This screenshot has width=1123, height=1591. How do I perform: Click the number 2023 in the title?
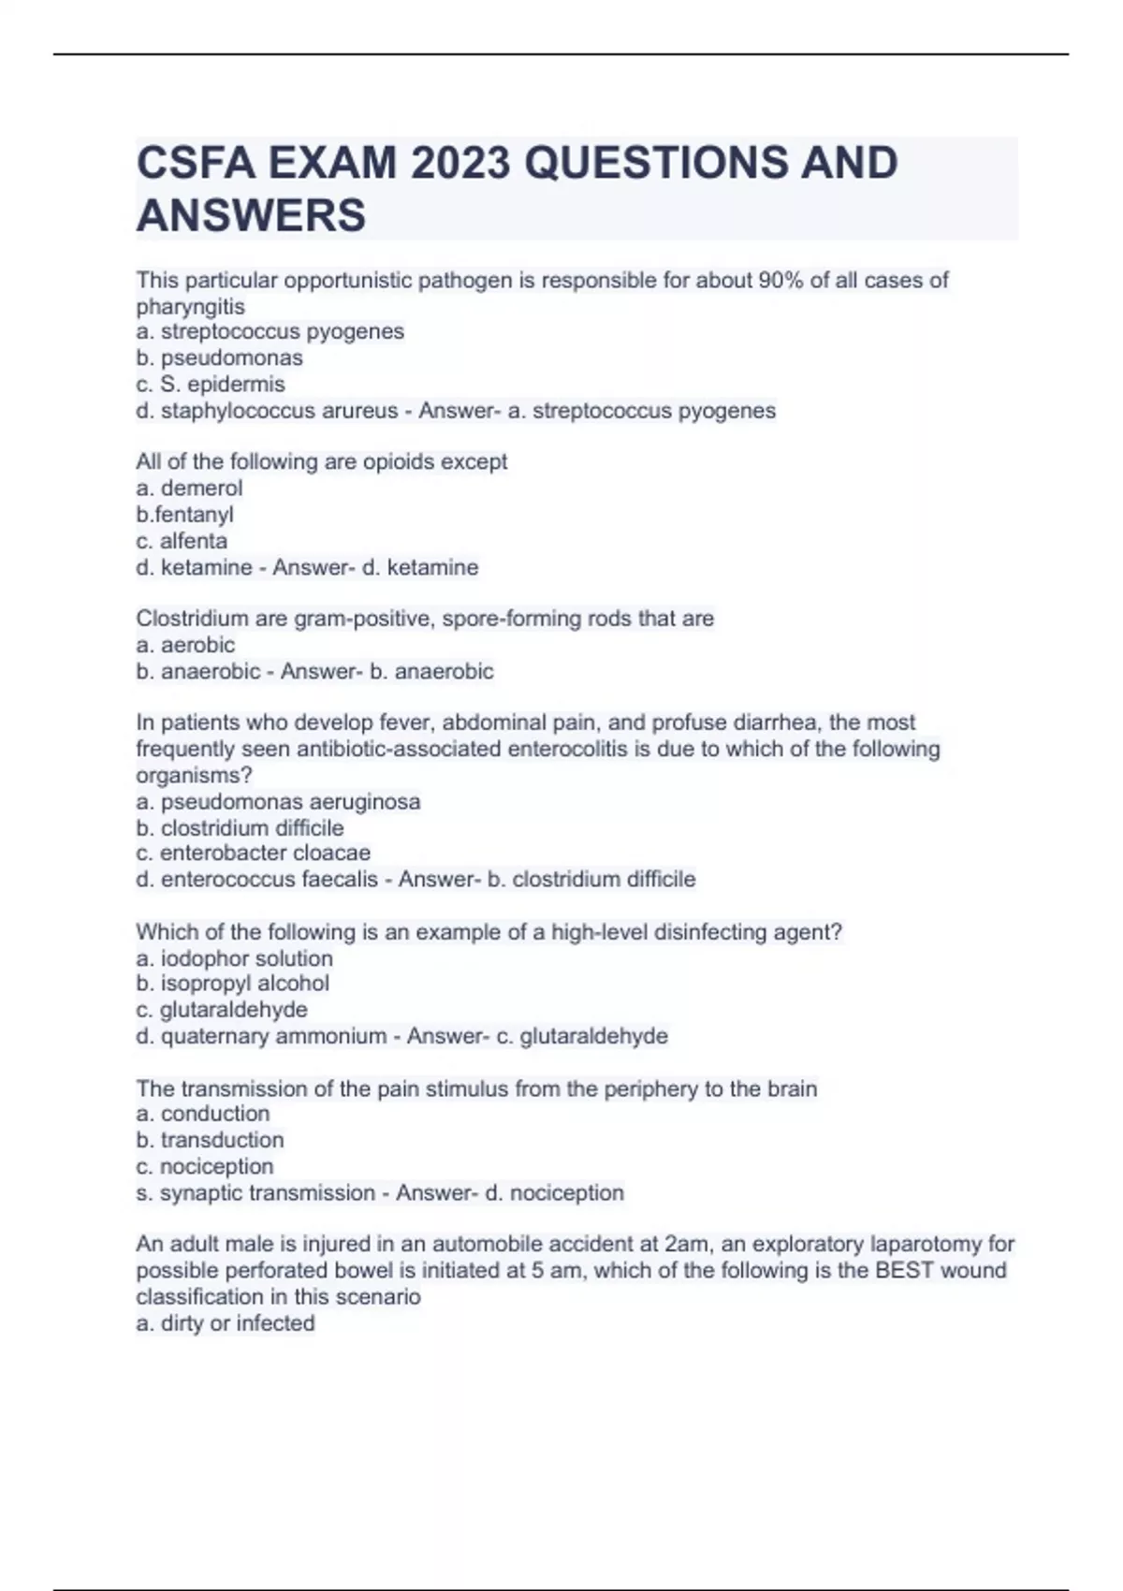click(x=459, y=164)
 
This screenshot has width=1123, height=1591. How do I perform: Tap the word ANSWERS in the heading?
click(x=251, y=215)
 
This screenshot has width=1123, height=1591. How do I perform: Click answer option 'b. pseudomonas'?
click(x=219, y=358)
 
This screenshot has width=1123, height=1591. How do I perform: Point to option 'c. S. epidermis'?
click(x=211, y=384)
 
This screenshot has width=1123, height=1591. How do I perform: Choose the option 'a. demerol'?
click(x=189, y=488)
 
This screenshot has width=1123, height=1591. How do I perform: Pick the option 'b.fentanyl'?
click(x=184, y=514)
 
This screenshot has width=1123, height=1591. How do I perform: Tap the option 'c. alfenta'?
click(x=182, y=541)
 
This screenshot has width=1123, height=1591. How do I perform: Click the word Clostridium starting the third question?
click(x=183, y=619)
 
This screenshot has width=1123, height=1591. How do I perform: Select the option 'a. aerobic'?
click(x=185, y=645)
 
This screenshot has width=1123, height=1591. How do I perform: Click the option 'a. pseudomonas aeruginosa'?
click(x=278, y=802)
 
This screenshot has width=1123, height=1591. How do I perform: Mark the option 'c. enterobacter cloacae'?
click(x=253, y=853)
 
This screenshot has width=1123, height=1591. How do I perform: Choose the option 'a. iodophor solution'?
click(x=234, y=958)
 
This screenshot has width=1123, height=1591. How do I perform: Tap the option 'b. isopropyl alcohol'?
click(x=232, y=984)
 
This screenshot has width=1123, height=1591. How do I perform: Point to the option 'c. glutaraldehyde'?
click(x=222, y=1010)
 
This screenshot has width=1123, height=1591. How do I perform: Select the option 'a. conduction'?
click(x=202, y=1114)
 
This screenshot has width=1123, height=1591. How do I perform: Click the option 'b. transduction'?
click(x=210, y=1140)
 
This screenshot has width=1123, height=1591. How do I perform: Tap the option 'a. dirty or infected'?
click(x=225, y=1323)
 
